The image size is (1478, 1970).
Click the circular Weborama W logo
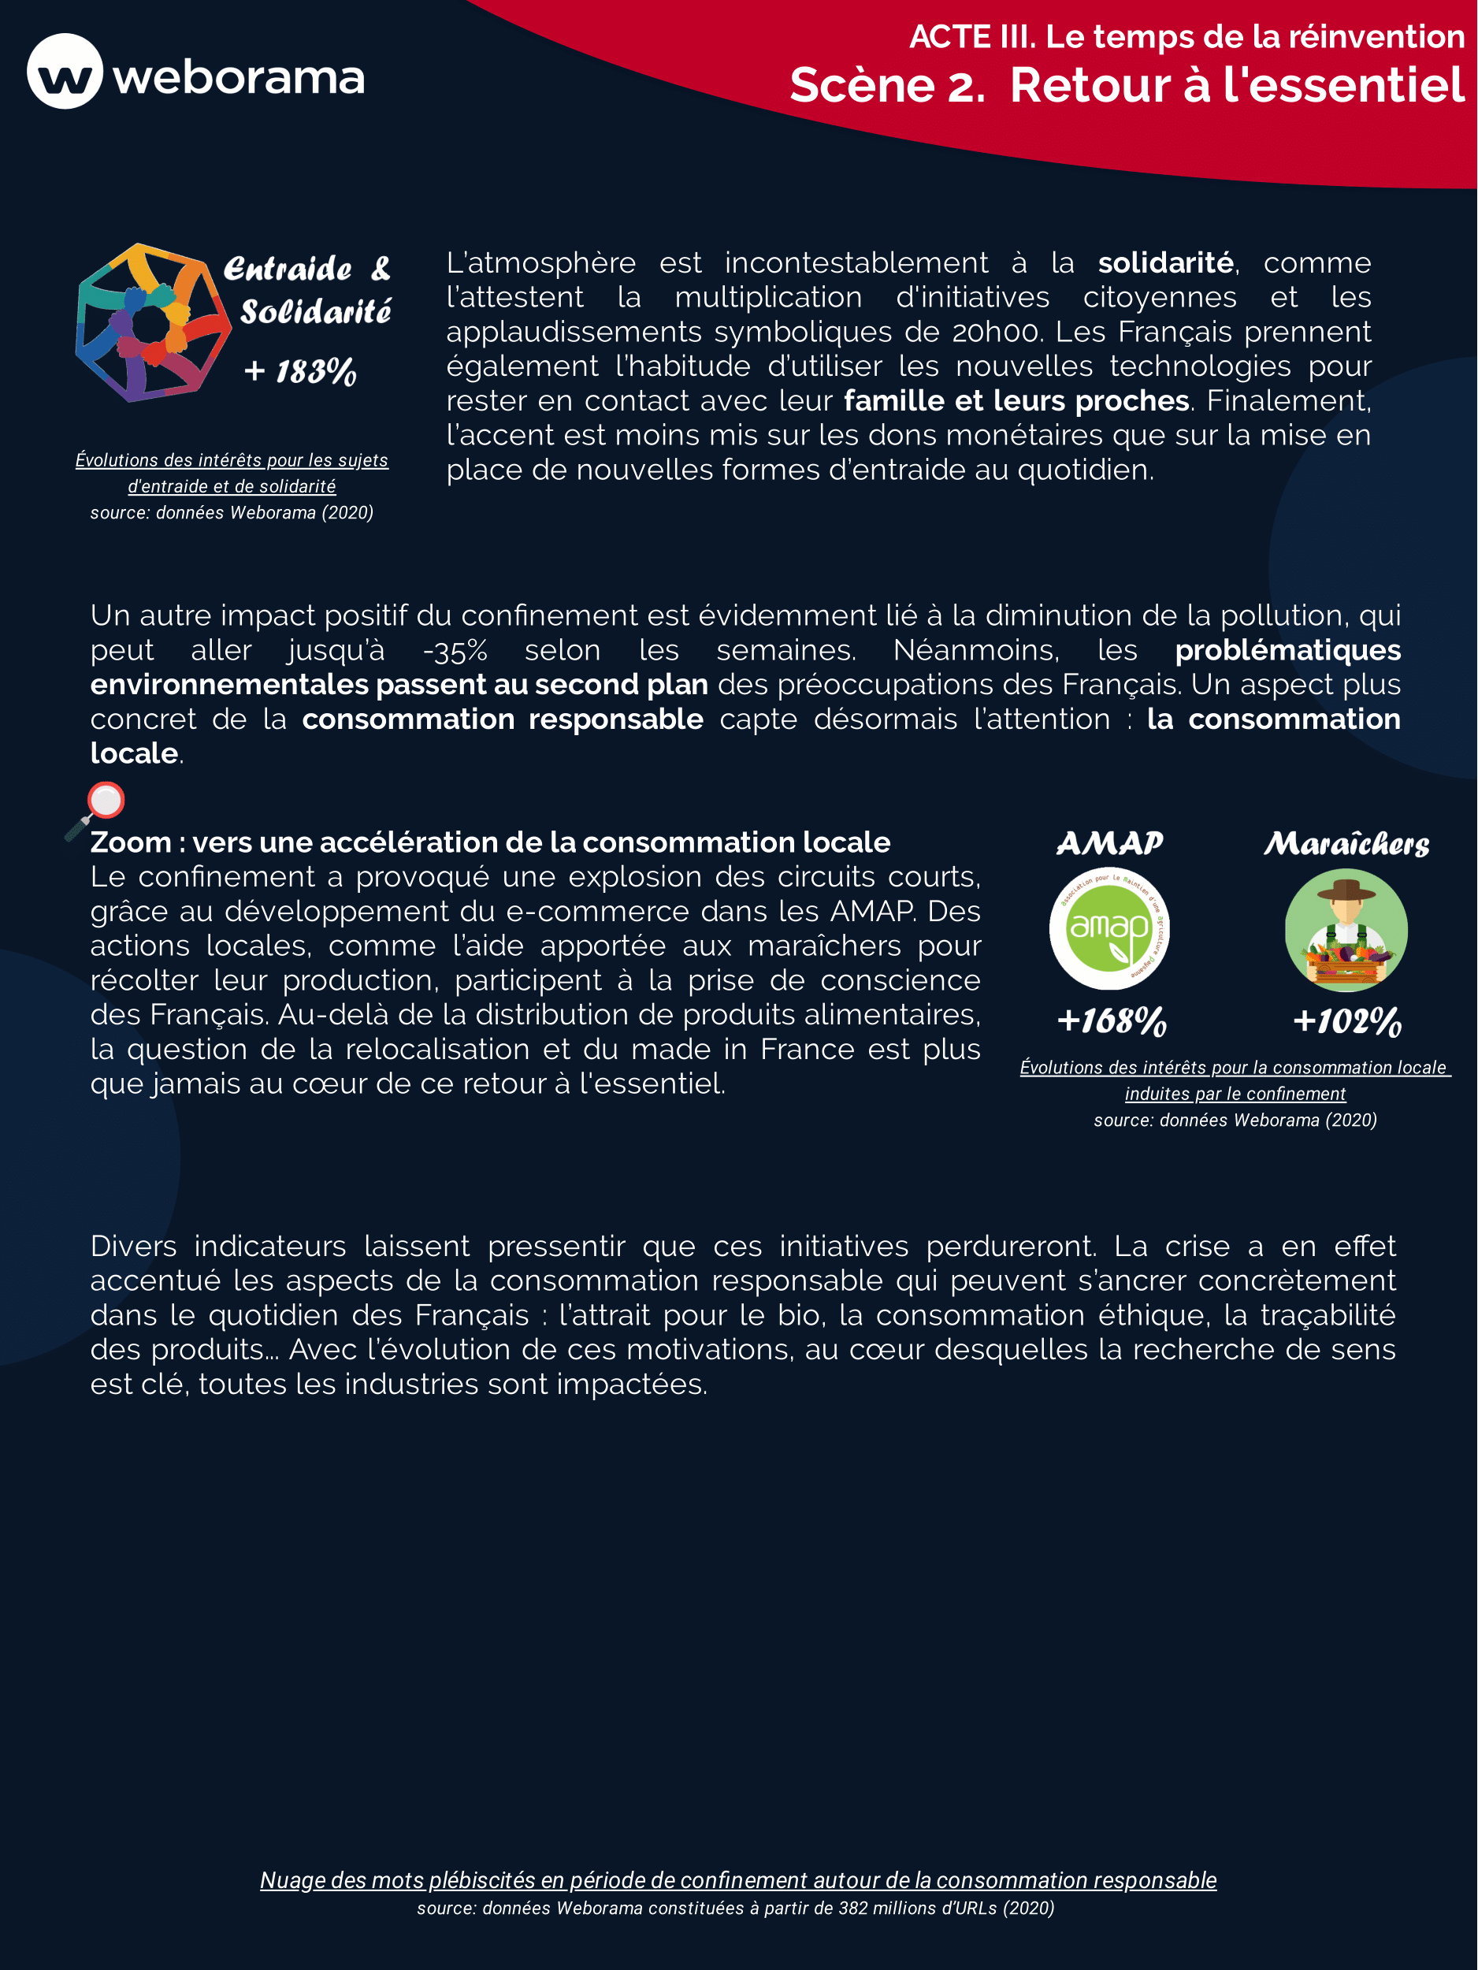pos(65,71)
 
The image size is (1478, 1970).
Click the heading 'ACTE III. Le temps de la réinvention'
pos(1186,36)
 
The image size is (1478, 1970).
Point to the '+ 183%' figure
pos(301,370)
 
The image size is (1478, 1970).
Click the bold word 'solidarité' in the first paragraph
pos(1164,262)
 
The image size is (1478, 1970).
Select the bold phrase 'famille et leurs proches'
pos(1016,401)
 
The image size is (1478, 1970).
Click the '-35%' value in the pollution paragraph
pos(455,650)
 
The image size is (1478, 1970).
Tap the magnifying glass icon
pos(96,808)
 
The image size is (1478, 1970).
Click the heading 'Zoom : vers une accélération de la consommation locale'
pos(490,842)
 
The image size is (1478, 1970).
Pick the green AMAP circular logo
pos(1109,929)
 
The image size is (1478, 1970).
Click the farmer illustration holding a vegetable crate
pos(1346,930)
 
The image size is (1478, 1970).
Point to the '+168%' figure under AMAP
pos(1111,1020)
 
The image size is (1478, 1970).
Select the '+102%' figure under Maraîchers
pos(1347,1020)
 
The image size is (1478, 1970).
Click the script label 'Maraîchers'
pos(1346,843)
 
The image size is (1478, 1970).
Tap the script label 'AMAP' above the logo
pos(1109,842)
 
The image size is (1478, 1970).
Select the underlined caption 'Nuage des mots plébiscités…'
pos(737,1879)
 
